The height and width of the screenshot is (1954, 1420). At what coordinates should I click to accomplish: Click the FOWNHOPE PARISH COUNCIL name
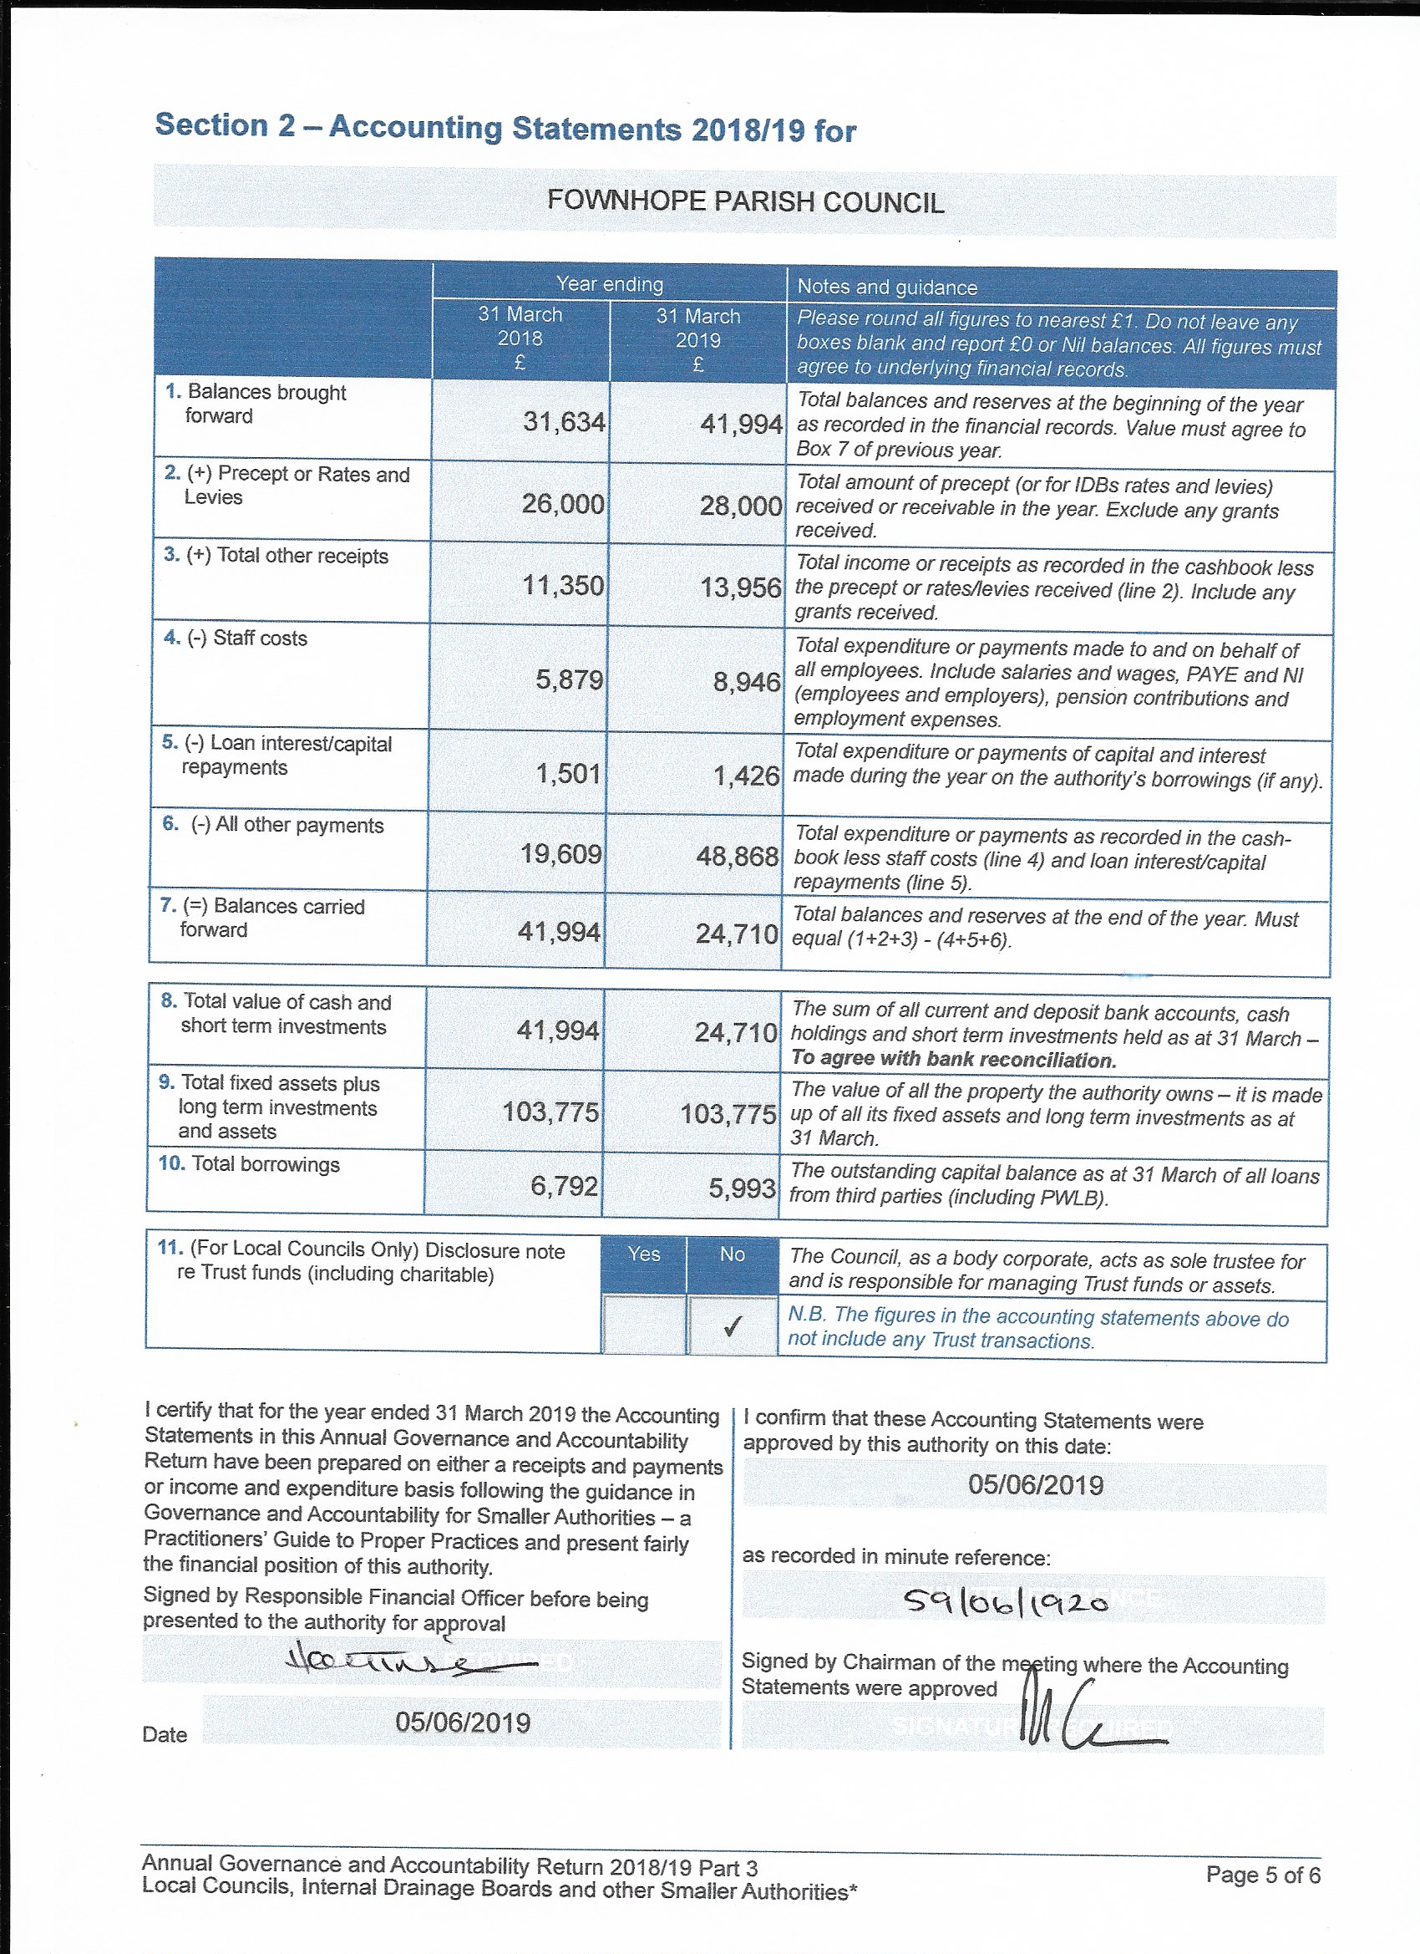tap(745, 201)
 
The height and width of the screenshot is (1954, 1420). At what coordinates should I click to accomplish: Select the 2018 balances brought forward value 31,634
tap(564, 421)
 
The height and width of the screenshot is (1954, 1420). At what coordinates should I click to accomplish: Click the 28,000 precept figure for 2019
tap(741, 505)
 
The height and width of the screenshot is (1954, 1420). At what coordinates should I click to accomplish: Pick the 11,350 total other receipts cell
tap(563, 586)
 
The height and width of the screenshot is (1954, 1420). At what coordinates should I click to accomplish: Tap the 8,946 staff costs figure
tap(746, 681)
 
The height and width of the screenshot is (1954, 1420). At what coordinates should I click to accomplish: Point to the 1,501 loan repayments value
tap(567, 773)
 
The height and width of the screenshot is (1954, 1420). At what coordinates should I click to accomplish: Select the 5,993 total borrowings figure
tap(742, 1188)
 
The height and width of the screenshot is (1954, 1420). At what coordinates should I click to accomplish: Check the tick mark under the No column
tap(732, 1327)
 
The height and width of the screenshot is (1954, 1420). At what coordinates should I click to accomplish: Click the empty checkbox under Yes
tap(644, 1325)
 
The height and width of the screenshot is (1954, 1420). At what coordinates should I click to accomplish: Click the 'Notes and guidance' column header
tap(887, 287)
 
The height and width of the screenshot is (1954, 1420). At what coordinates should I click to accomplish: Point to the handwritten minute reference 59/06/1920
tap(1006, 1601)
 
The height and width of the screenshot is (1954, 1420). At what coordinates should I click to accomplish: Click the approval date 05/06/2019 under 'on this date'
tap(1035, 1484)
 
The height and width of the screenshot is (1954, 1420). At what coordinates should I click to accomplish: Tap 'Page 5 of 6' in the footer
tap(1262, 1875)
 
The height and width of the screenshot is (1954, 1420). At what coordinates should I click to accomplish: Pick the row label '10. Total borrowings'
tap(249, 1164)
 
